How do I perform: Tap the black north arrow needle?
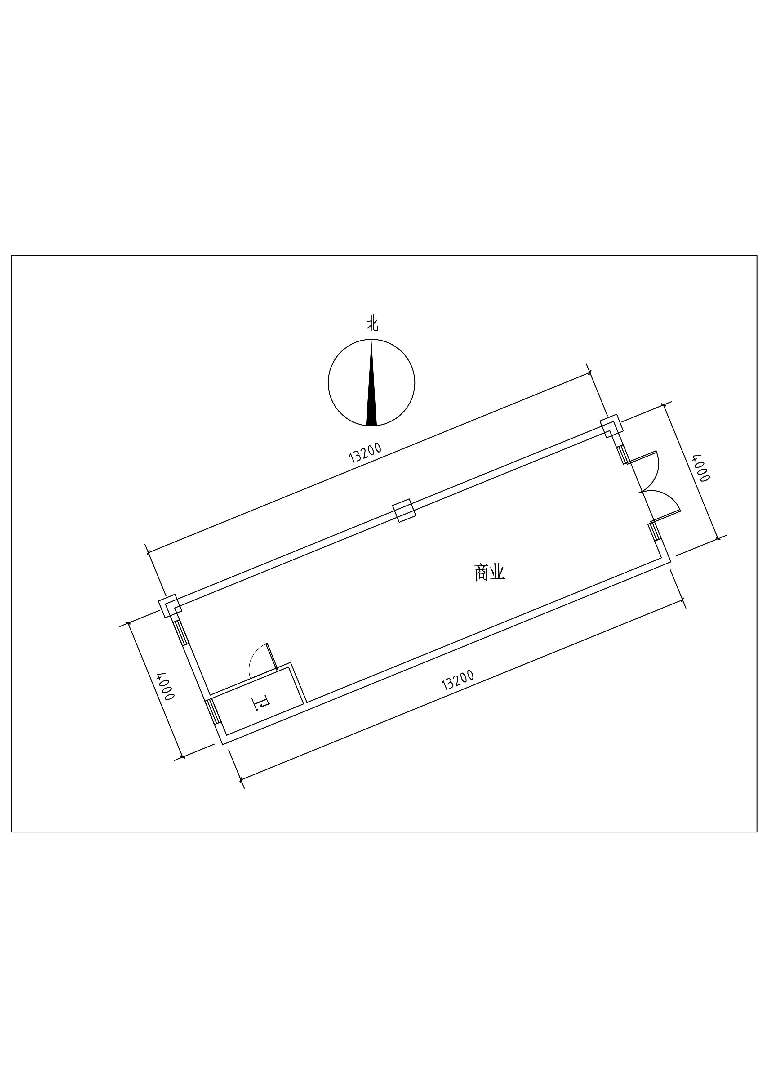[x=371, y=384]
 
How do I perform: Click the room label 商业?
[x=489, y=573]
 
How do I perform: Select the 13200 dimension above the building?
[x=365, y=452]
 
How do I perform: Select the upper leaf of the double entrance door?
[x=642, y=457]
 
